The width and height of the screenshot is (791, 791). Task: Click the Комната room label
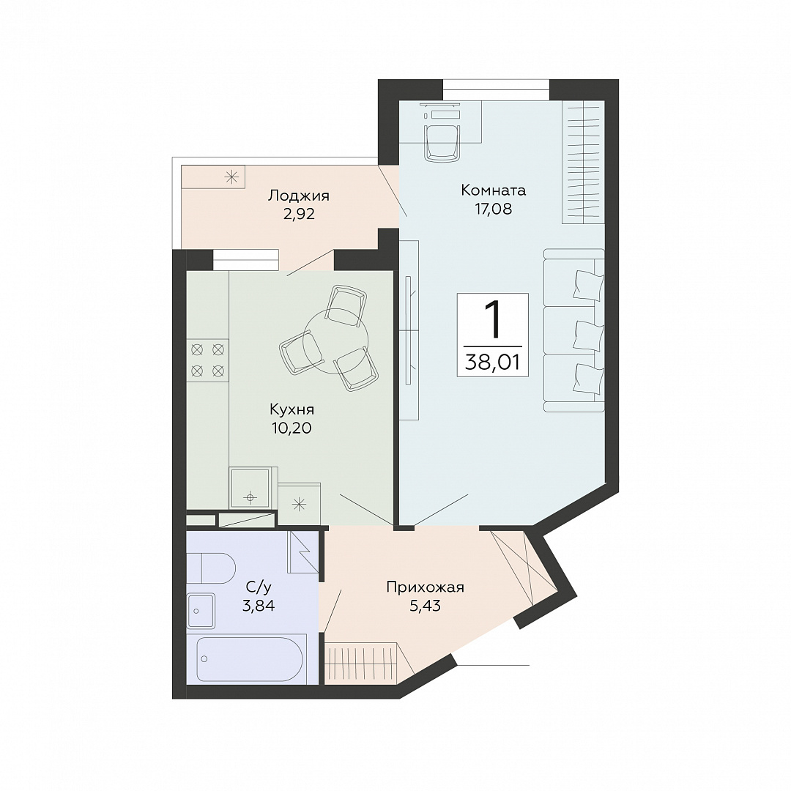coord(493,190)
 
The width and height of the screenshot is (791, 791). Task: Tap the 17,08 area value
coord(493,209)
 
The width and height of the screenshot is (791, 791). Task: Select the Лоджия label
coord(299,196)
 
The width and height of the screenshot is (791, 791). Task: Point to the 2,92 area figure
coord(299,214)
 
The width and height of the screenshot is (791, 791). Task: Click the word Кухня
coord(291,409)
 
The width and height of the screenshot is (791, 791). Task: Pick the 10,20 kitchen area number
coord(291,428)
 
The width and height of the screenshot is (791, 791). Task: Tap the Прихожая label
coord(425,587)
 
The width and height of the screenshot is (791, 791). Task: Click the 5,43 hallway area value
coord(425,606)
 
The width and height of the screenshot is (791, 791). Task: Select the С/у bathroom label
coord(259,587)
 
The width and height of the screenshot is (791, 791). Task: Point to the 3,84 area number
coord(259,606)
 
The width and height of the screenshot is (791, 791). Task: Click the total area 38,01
coord(492,363)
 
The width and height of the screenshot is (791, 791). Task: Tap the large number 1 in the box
coord(492,319)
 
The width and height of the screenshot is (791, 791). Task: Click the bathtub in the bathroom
coord(250,659)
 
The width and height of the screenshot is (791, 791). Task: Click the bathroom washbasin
coord(201,611)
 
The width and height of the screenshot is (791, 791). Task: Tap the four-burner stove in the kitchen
coord(207,360)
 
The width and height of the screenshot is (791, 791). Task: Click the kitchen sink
coord(250,488)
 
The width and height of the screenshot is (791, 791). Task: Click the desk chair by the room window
coord(442,142)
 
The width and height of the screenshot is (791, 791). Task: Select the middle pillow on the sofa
coord(587,335)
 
